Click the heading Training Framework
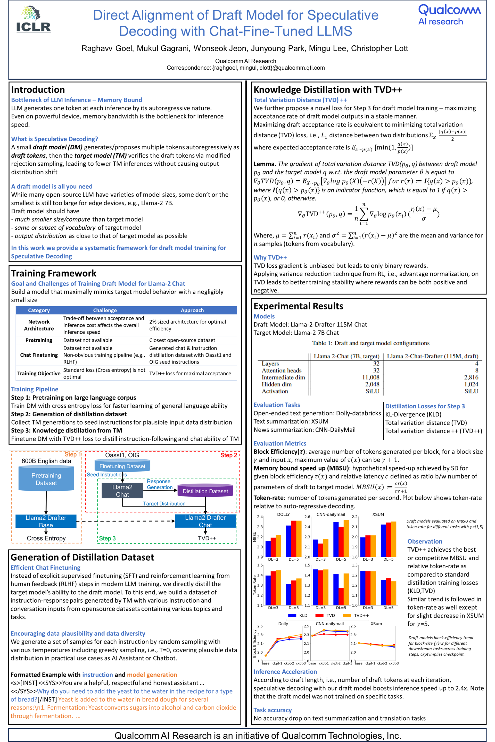tap(54, 273)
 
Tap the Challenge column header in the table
tap(105, 310)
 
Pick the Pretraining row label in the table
tap(39, 340)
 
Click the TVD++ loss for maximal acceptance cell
tap(190, 374)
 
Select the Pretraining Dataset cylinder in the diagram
tap(46, 479)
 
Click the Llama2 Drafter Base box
tap(46, 521)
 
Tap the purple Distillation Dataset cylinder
tap(205, 491)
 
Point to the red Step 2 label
tap(229, 455)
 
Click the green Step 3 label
tap(107, 538)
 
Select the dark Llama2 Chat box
tap(122, 491)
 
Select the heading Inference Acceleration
tap(285, 672)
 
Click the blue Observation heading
tap(425, 541)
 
